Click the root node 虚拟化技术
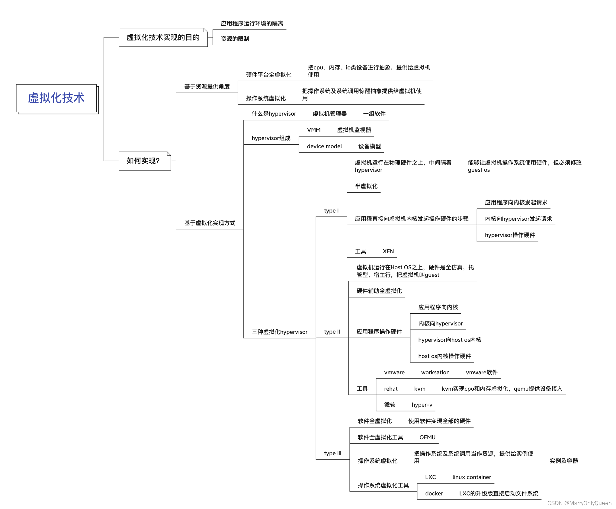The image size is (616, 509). (x=56, y=98)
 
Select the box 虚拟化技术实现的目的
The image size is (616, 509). (x=163, y=37)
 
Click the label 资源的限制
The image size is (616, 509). (x=235, y=39)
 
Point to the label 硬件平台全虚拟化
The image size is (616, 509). (x=268, y=75)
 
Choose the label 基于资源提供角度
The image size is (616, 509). (x=207, y=87)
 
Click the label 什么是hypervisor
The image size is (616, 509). (x=274, y=114)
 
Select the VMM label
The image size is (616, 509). (x=314, y=130)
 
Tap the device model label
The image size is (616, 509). (x=324, y=146)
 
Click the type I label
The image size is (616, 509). (x=331, y=211)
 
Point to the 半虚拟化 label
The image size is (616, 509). (x=366, y=186)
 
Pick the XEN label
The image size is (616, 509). (x=388, y=251)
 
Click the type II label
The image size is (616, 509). (x=332, y=332)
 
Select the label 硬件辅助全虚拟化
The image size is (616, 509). (x=379, y=291)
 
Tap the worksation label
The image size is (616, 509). (x=435, y=373)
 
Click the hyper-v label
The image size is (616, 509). (x=422, y=405)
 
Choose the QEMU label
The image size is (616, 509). (x=427, y=437)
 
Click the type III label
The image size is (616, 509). (x=332, y=453)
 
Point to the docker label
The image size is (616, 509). (x=434, y=494)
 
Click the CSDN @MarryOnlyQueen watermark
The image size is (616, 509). (x=579, y=503)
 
